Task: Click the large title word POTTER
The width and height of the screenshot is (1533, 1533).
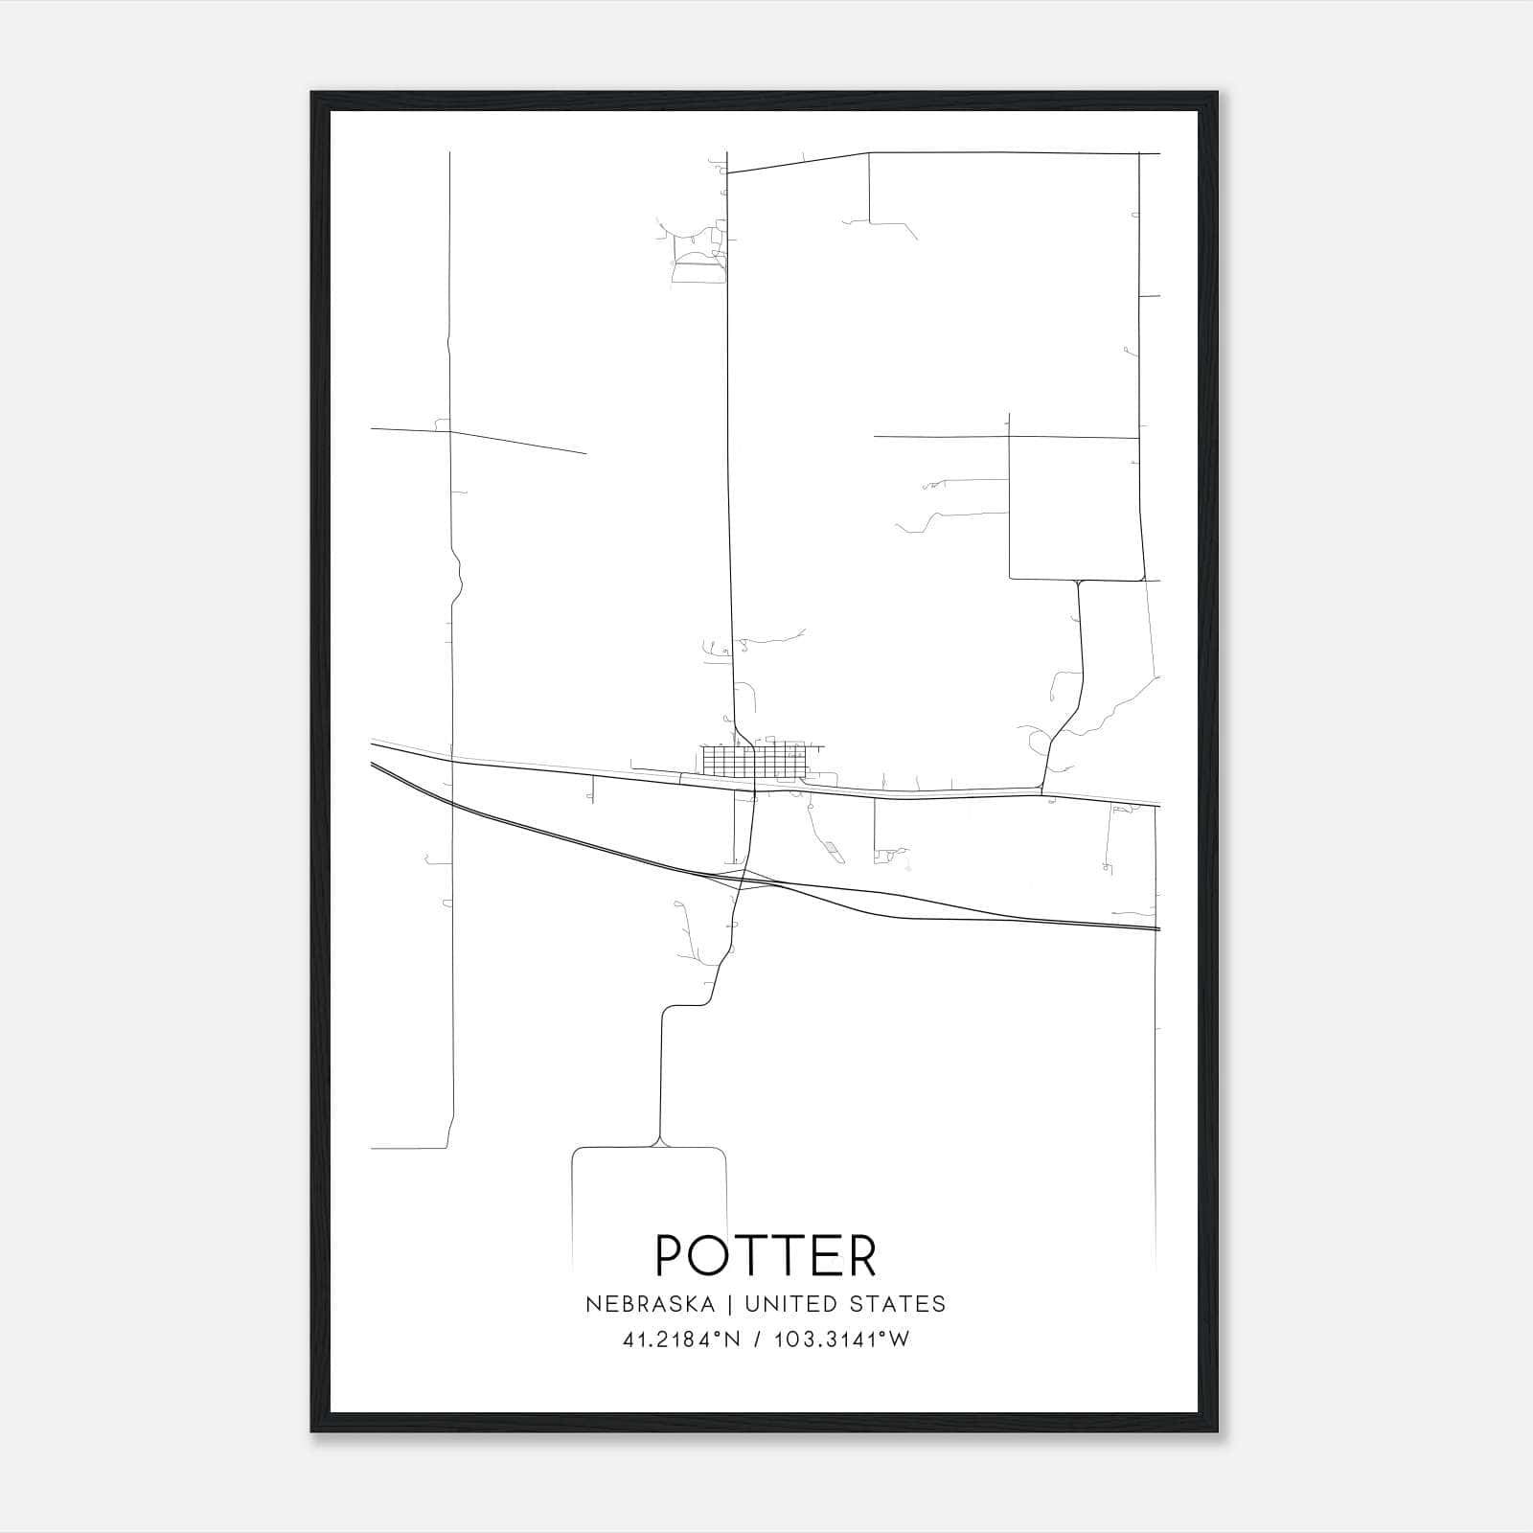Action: [x=766, y=1255]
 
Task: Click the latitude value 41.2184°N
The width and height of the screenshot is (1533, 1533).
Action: [x=682, y=1339]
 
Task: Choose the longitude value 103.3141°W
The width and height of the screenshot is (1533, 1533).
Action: [x=842, y=1339]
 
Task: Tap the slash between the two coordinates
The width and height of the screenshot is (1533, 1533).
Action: [x=759, y=1339]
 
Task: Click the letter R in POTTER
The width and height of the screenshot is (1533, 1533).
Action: [x=861, y=1255]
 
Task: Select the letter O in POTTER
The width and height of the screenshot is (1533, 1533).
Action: [x=711, y=1255]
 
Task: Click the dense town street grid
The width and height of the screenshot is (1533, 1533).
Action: [x=757, y=761]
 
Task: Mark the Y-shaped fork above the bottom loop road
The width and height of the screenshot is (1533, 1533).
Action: [x=658, y=1139]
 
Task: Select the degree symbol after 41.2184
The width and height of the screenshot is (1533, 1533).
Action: [x=716, y=1334]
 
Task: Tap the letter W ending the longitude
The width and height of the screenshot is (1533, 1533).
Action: [x=899, y=1339]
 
